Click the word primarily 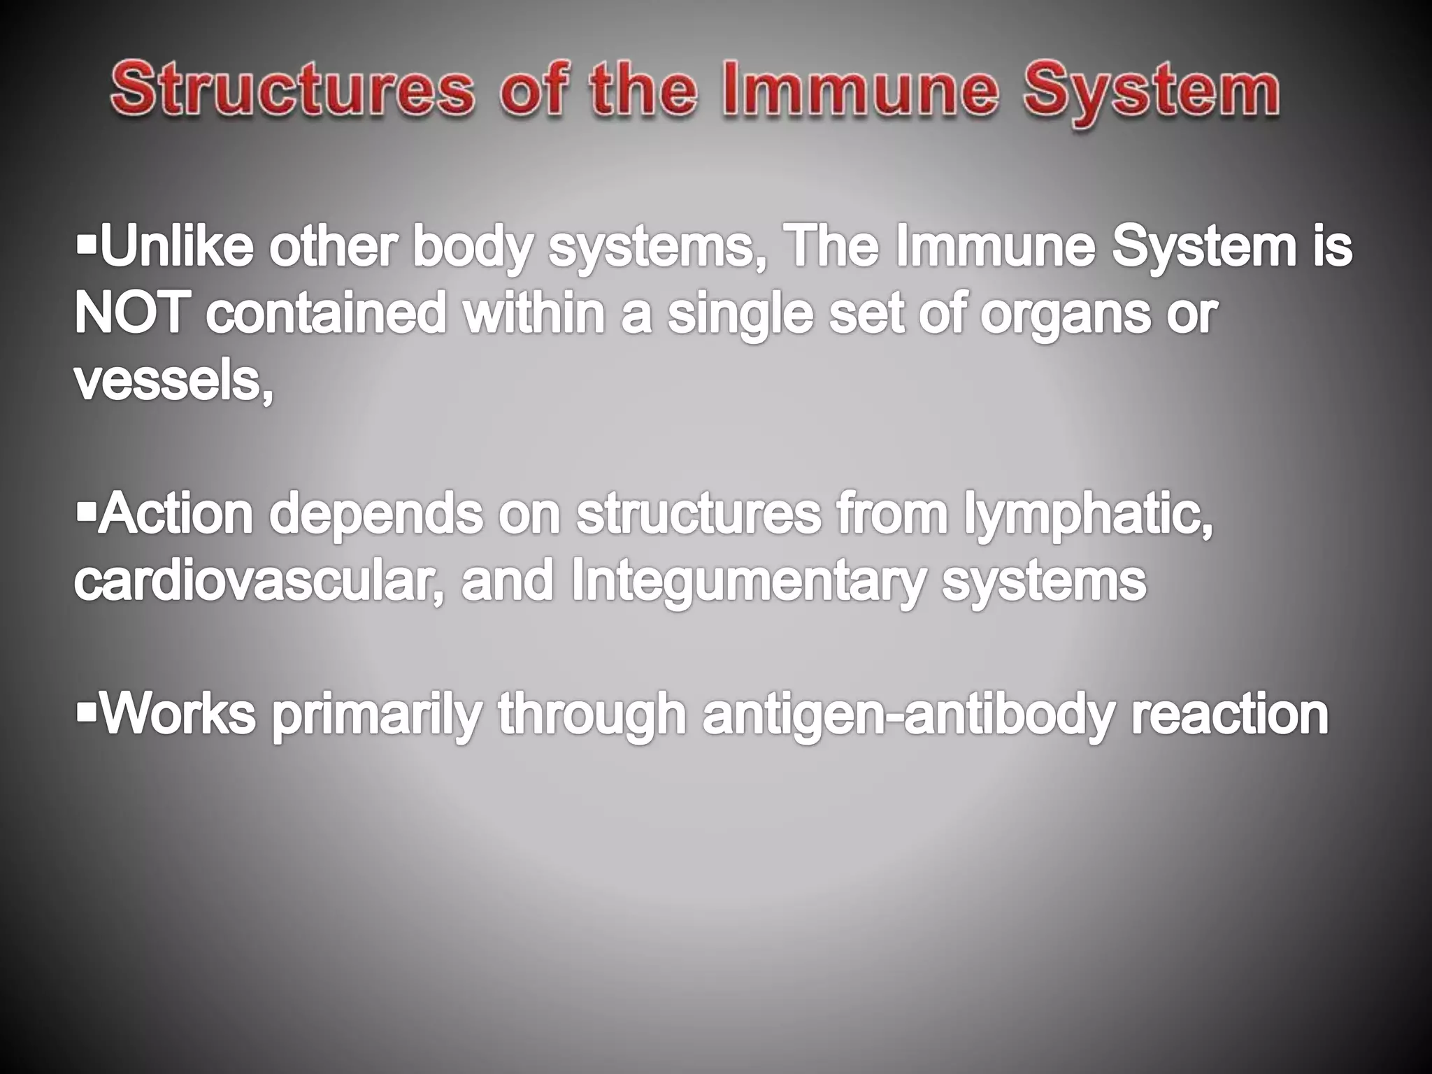(377, 716)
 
